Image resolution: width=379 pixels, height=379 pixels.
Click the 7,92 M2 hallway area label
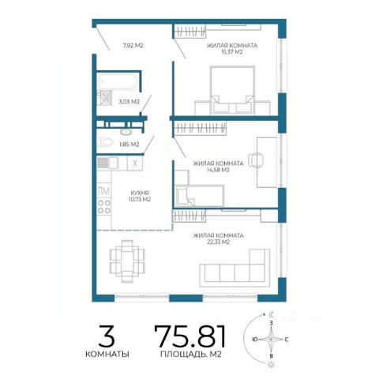point(133,45)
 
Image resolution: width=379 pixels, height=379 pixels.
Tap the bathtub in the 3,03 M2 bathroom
point(118,81)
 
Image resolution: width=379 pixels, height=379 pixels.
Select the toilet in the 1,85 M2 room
point(105,142)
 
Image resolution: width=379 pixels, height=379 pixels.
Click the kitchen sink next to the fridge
point(108,163)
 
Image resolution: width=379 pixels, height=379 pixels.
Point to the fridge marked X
point(135,163)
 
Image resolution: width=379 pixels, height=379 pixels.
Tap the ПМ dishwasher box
point(104,191)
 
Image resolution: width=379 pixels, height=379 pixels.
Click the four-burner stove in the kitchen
point(104,206)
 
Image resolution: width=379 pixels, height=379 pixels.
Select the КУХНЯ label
point(140,193)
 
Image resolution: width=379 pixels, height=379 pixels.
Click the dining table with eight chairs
point(127,261)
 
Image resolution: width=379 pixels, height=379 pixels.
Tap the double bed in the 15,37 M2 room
point(232,90)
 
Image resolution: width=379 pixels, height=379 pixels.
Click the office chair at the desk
point(256,159)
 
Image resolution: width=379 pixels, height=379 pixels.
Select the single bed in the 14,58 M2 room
point(200,196)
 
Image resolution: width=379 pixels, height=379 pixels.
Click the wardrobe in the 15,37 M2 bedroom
point(189,31)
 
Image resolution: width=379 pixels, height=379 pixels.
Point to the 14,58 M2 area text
point(218,170)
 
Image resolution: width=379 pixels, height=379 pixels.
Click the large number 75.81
point(189,336)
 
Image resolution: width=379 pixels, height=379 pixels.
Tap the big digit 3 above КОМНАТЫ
point(107,336)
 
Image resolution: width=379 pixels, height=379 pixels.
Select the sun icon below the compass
point(270,365)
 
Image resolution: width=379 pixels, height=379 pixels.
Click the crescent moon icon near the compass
point(272,314)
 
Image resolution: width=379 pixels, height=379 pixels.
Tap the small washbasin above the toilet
point(127,131)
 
